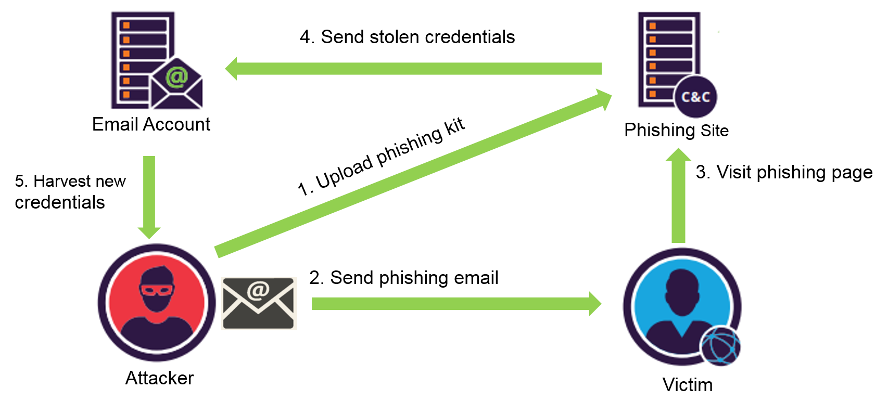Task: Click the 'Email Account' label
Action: tap(151, 124)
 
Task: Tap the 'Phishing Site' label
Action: tap(676, 130)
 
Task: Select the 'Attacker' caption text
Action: tap(159, 378)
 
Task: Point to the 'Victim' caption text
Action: tap(687, 385)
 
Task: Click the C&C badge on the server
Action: tap(696, 97)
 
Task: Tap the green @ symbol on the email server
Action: tap(176, 77)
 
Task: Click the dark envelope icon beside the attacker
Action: tap(258, 304)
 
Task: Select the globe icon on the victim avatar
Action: tap(720, 346)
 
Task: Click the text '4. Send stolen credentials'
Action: tap(407, 37)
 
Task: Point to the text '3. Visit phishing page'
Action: tap(784, 172)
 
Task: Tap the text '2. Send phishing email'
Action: tap(403, 278)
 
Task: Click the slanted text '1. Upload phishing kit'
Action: tap(381, 157)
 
